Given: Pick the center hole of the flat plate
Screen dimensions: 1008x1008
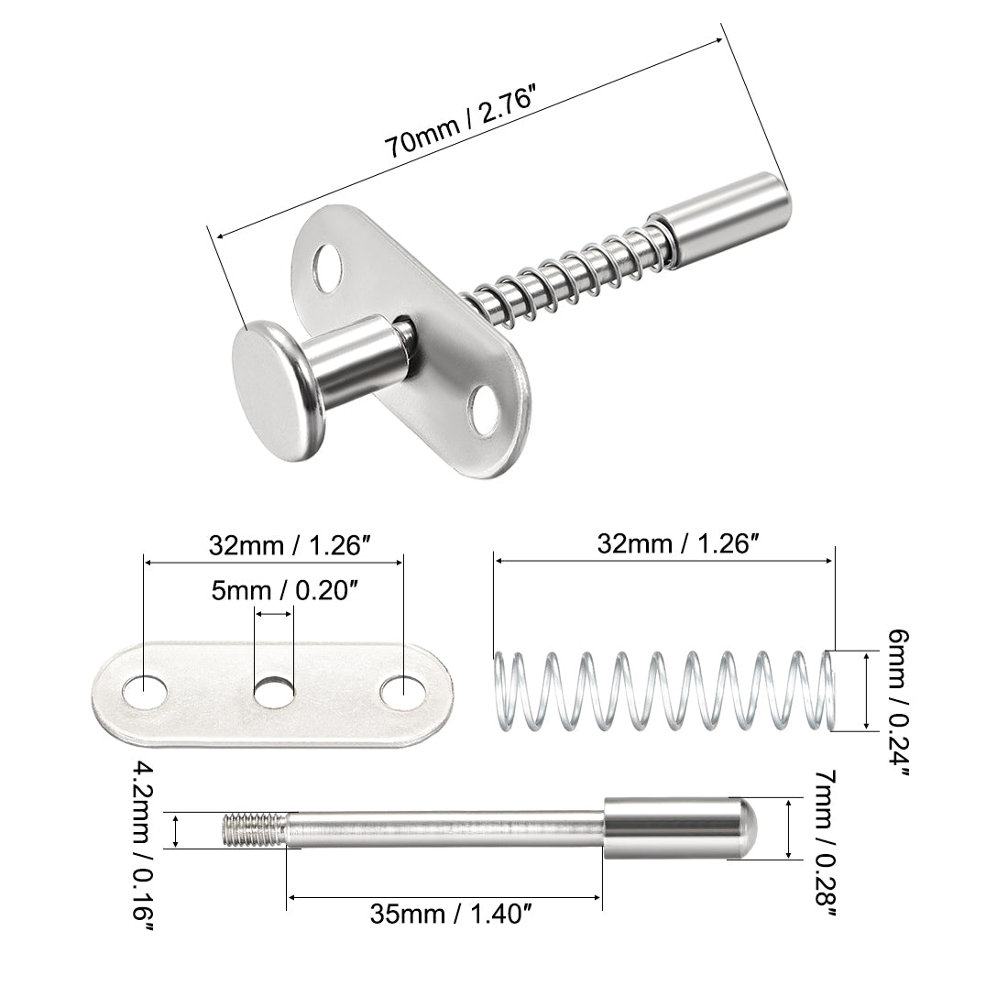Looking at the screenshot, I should (274, 693).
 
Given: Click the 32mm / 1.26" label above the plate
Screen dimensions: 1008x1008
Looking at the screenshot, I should (274, 546).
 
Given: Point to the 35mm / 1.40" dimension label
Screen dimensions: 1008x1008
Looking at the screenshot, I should (444, 913).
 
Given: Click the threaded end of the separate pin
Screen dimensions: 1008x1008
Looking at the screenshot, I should (256, 829).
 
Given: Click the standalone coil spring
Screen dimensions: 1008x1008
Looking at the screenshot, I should (663, 692).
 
